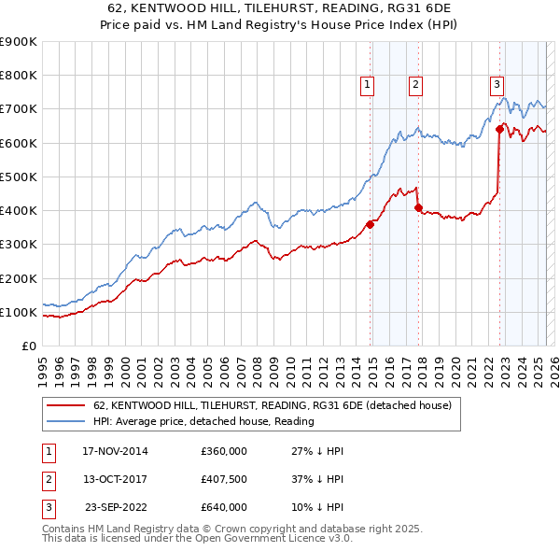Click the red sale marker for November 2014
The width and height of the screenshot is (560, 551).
pos(371,223)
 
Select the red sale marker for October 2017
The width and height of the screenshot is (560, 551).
pos(418,207)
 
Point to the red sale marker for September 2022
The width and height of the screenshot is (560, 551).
pos(500,130)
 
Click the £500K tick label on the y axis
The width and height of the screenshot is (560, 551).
pos(18,177)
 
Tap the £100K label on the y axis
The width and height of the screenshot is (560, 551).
pos(18,312)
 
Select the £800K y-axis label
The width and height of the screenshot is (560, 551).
pos(18,76)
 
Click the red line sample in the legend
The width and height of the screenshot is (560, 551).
pos(65,405)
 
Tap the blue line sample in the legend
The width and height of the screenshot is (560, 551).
pos(65,421)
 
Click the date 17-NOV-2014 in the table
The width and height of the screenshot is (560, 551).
pos(115,451)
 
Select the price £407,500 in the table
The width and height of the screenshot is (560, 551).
pos(224,479)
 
